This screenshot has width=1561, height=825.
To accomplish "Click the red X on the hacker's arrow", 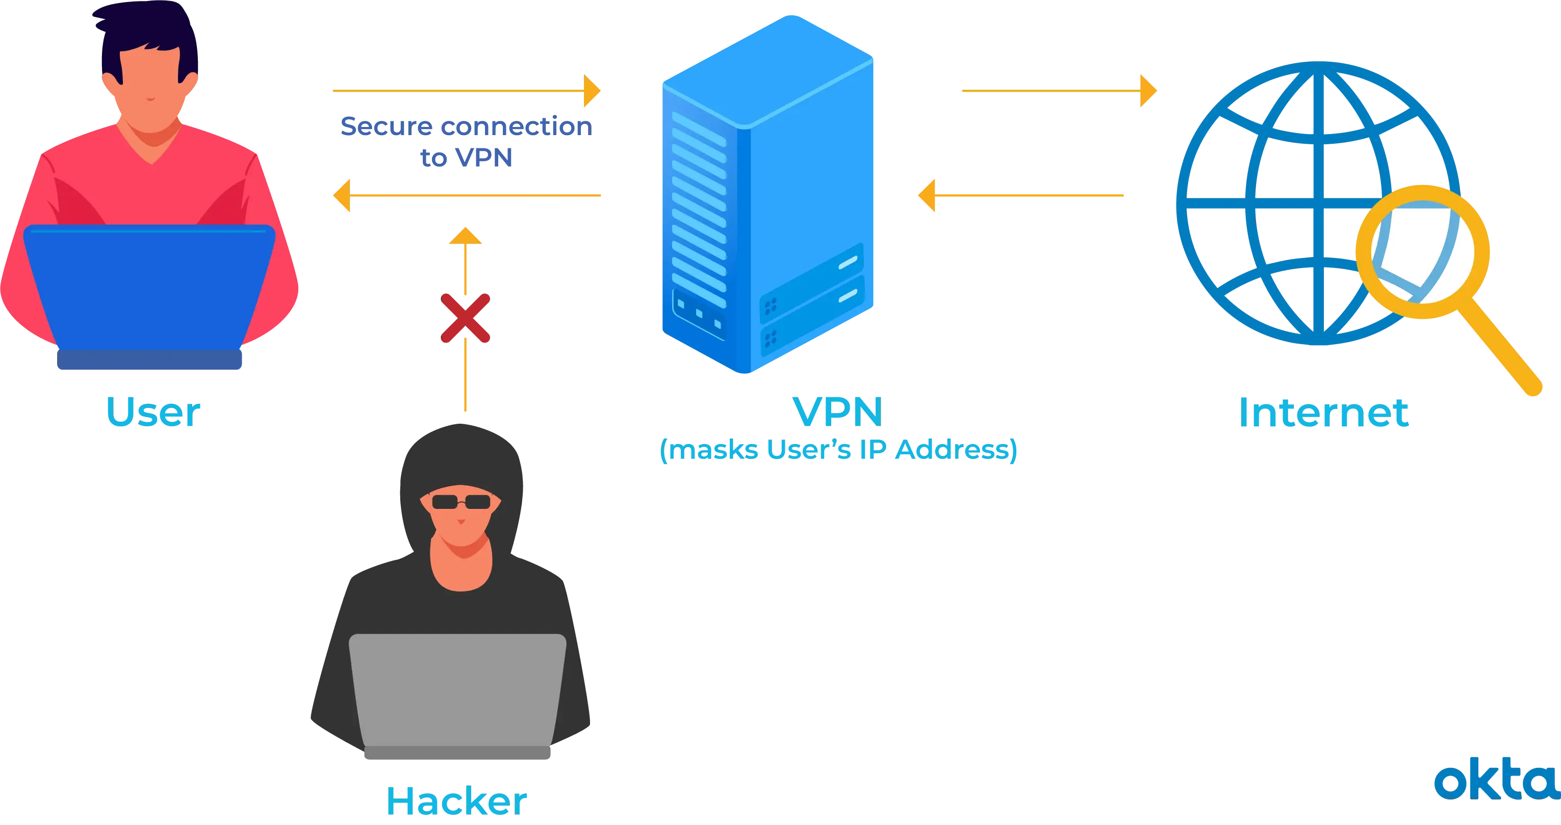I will click(x=466, y=319).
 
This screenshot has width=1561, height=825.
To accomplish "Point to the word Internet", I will click(x=1324, y=413).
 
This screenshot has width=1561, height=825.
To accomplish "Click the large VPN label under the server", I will click(x=838, y=413).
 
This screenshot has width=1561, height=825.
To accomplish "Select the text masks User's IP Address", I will click(x=838, y=450).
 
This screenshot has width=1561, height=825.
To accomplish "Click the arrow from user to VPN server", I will click(x=467, y=91).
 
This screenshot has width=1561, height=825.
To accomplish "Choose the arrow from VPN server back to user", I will click(x=467, y=196).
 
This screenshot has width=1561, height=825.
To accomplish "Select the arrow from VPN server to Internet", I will click(x=1058, y=91).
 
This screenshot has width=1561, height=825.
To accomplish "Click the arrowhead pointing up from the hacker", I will click(x=466, y=236).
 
